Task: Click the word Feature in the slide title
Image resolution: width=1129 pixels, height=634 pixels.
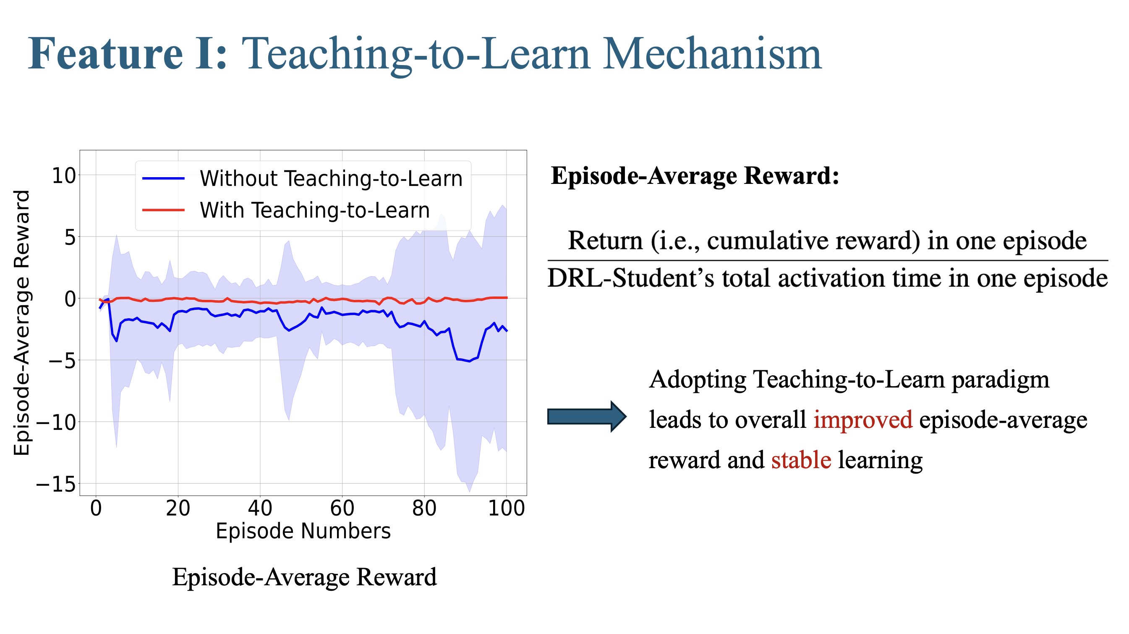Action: [x=106, y=53]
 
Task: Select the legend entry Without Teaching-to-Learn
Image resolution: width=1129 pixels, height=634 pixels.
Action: [x=331, y=178]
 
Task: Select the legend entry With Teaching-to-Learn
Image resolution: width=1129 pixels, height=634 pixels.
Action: [x=315, y=210]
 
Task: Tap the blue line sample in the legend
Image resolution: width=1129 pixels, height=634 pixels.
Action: [x=164, y=178]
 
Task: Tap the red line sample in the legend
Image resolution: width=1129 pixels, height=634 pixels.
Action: [x=164, y=210]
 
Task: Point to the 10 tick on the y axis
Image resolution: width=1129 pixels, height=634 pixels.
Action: [x=64, y=176]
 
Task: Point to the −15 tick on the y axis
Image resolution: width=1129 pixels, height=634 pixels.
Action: [x=56, y=484]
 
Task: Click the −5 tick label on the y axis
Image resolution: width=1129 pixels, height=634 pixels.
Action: [x=62, y=360]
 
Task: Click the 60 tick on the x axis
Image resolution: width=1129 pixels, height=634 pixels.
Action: [x=342, y=508]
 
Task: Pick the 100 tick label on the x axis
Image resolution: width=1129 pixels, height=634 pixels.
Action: [x=507, y=508]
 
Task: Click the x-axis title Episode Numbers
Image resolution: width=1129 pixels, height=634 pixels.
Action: [x=303, y=531]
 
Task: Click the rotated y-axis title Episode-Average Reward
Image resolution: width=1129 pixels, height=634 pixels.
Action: [x=21, y=323]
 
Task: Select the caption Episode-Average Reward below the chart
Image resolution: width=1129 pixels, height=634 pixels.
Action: [x=305, y=576]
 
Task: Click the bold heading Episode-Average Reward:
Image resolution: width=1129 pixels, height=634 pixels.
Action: [x=695, y=176]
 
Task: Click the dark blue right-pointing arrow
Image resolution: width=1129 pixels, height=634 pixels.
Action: [x=587, y=416]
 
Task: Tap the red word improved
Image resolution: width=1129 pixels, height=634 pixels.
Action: [x=863, y=419]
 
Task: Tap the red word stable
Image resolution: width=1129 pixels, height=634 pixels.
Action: [x=801, y=460]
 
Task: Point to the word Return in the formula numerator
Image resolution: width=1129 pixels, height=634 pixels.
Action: [x=605, y=240]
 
